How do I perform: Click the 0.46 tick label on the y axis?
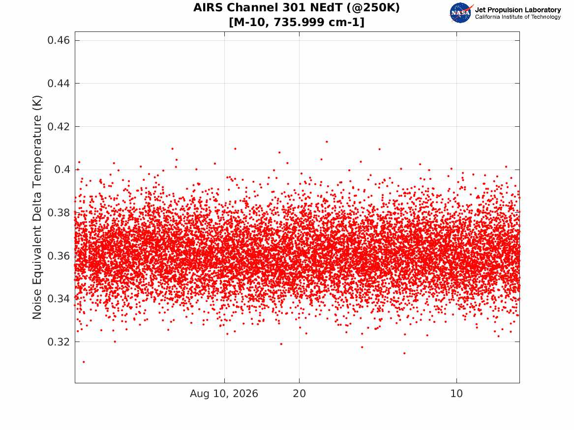pyautogui.click(x=59, y=40)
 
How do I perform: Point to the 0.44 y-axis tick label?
pyautogui.click(x=59, y=84)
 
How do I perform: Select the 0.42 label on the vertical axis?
pyautogui.click(x=59, y=126)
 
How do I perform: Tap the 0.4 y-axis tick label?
pyautogui.click(x=62, y=169)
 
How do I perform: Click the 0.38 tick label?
pyautogui.click(x=59, y=212)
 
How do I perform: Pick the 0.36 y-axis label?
pyautogui.click(x=59, y=256)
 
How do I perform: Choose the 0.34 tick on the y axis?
pyautogui.click(x=59, y=299)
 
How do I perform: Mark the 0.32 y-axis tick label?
pyautogui.click(x=59, y=342)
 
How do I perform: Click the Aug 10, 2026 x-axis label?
pyautogui.click(x=224, y=394)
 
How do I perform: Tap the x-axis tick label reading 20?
pyautogui.click(x=300, y=394)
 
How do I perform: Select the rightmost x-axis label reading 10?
pyautogui.click(x=456, y=394)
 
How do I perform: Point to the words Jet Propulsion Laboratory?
pyautogui.click(x=518, y=10)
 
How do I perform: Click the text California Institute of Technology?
pyautogui.click(x=518, y=17)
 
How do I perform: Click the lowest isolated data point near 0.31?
pyautogui.click(x=84, y=362)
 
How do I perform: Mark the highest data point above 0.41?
pyautogui.click(x=327, y=142)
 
